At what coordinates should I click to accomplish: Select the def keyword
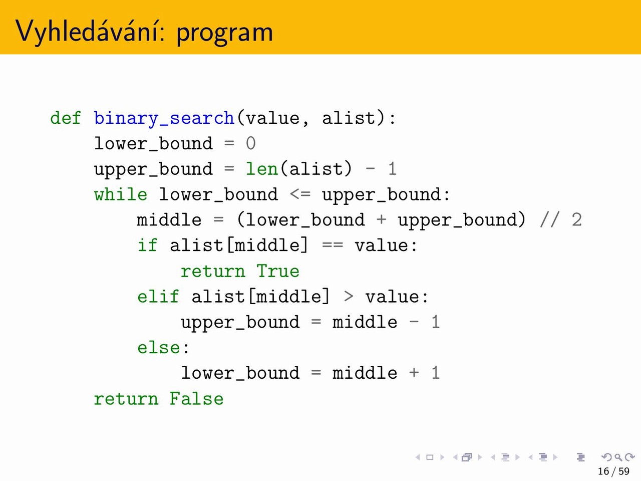tap(66, 118)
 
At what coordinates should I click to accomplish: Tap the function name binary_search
tap(164, 119)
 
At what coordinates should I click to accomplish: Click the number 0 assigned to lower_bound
tap(250, 143)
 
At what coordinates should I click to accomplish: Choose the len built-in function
tap(261, 169)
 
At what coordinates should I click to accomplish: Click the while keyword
tap(121, 194)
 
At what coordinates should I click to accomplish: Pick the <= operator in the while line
tap(300, 194)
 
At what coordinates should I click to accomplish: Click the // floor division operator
tap(550, 220)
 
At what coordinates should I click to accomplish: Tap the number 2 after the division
tap(577, 220)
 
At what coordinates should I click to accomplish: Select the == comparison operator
tap(333, 246)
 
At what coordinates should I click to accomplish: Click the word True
tap(278, 271)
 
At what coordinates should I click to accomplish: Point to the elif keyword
tap(158, 297)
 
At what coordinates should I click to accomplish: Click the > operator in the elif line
tap(349, 297)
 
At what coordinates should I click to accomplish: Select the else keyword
tap(159, 348)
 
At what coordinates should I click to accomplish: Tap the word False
tap(196, 399)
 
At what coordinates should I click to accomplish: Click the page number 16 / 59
tap(613, 471)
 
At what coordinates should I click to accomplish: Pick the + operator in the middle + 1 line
tap(414, 373)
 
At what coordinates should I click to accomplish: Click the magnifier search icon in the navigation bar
tap(617, 457)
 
